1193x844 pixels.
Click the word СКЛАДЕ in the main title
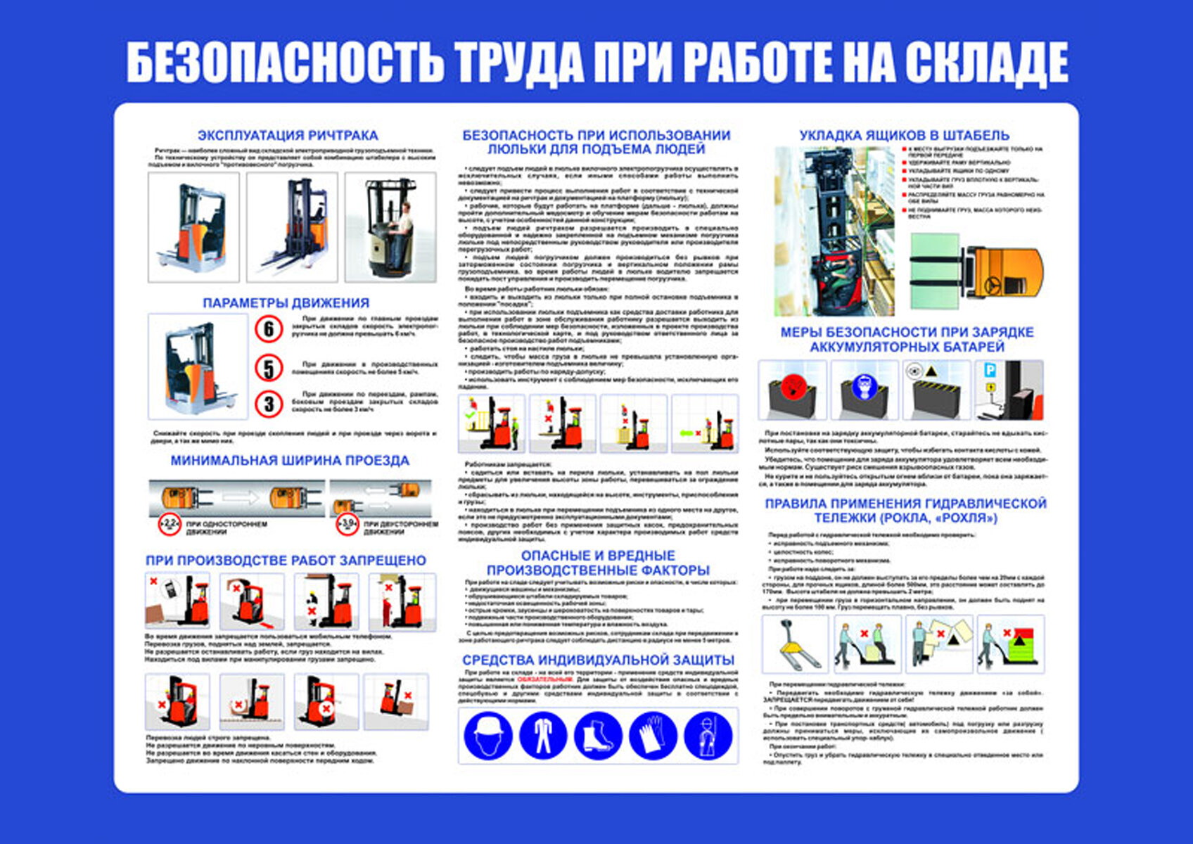tap(986, 62)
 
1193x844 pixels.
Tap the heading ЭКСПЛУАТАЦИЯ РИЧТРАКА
tap(288, 135)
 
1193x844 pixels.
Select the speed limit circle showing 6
tap(269, 328)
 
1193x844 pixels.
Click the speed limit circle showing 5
tap(269, 368)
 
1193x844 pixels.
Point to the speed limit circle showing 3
tap(269, 404)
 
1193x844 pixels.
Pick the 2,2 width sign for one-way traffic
tap(170, 523)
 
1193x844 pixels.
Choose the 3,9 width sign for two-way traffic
tap(347, 523)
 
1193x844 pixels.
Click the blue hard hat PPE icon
tap(487, 735)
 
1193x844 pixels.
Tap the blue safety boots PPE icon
tap(597, 735)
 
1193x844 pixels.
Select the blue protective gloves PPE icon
tap(653, 735)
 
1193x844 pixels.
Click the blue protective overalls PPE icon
tap(542, 735)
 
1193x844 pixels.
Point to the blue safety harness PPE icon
tap(708, 735)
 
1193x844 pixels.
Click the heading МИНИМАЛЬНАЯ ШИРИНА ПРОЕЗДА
tap(290, 461)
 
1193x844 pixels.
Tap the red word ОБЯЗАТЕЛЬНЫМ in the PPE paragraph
tap(544, 680)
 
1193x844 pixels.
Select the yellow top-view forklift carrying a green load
tap(978, 271)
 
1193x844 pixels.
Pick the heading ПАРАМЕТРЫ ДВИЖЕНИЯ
tap(286, 303)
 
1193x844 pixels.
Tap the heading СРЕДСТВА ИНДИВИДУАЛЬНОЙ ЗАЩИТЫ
tap(598, 660)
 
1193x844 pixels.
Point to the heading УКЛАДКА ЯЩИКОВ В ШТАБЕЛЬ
tap(904, 135)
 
